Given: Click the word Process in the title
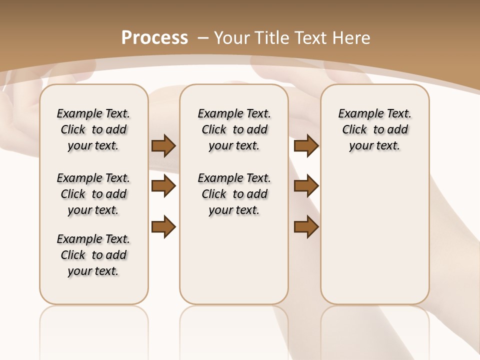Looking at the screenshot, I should pyautogui.click(x=154, y=37).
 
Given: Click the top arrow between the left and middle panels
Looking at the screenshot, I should pyautogui.click(x=163, y=146).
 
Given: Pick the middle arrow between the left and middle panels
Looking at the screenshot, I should pyautogui.click(x=163, y=186).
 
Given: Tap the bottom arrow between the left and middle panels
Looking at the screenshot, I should pyautogui.click(x=163, y=227).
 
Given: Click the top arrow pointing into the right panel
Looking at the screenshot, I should pyautogui.click(x=306, y=146).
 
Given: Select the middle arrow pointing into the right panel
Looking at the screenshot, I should pyautogui.click(x=306, y=186).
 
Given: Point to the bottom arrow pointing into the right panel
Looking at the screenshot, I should pyautogui.click(x=306, y=227).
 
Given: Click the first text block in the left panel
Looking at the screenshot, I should pyautogui.click(x=93, y=129).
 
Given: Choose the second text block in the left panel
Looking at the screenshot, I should pyautogui.click(x=93, y=194).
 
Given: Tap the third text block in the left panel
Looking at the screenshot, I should pyautogui.click(x=93, y=255).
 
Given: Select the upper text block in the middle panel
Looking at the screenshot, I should pyautogui.click(x=234, y=129).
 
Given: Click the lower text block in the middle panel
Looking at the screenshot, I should pyautogui.click(x=234, y=194).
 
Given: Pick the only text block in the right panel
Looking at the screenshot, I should pyautogui.click(x=374, y=129).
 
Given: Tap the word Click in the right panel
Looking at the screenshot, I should pyautogui.click(x=354, y=130).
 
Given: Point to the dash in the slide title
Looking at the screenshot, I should pyautogui.click(x=203, y=37).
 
